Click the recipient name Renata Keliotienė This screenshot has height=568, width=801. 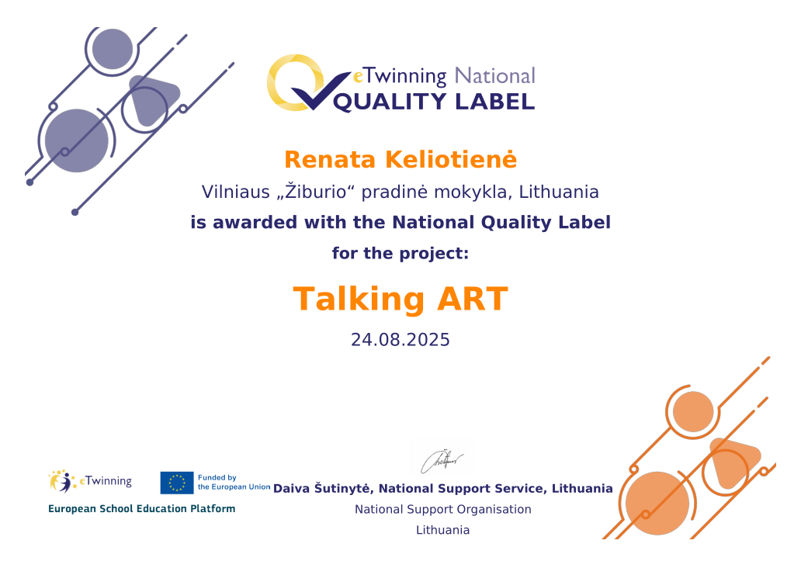[400, 159]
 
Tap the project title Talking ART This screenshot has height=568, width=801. [400, 299]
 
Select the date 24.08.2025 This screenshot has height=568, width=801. [400, 340]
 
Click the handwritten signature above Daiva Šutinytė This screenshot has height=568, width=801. [442, 461]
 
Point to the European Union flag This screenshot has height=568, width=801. [177, 483]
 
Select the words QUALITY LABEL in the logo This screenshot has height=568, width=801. [434, 102]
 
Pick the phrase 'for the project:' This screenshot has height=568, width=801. [400, 254]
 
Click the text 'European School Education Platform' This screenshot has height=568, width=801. [141, 509]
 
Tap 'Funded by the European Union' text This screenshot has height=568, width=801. [234, 482]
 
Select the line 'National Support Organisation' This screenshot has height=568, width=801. [443, 509]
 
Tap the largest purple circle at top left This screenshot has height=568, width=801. [77, 140]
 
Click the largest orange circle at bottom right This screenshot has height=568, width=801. [657, 503]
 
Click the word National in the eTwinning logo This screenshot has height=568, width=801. [494, 75]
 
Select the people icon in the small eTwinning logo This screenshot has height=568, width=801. [62, 481]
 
